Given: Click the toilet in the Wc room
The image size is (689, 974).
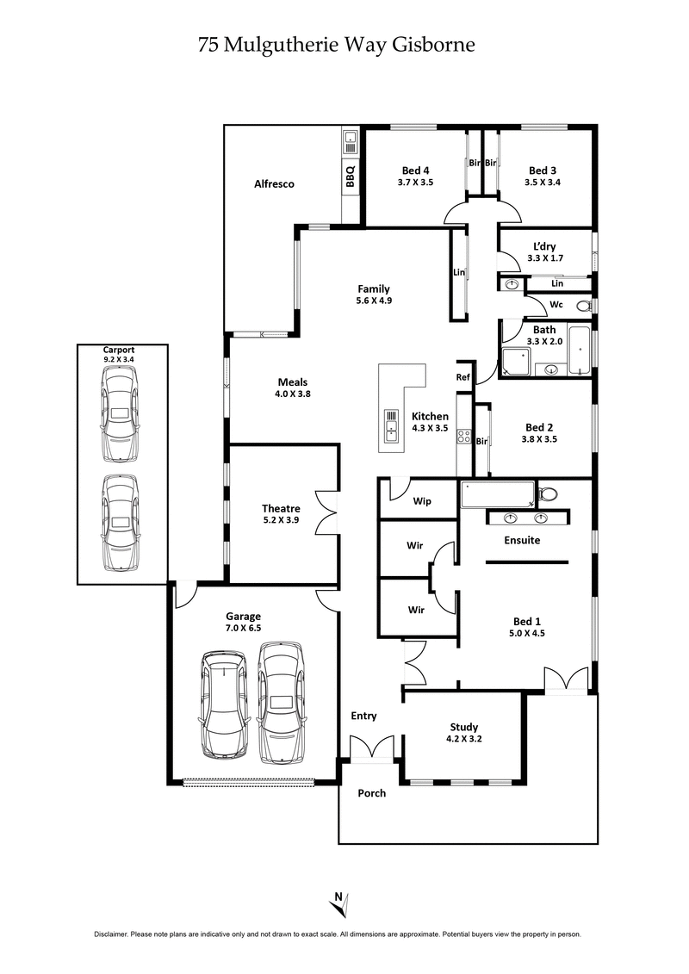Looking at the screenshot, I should [x=582, y=305].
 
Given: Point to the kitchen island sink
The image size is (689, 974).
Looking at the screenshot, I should [x=392, y=425].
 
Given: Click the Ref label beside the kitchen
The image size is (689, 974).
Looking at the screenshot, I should [x=463, y=377].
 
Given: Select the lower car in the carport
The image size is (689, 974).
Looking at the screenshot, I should [x=120, y=523].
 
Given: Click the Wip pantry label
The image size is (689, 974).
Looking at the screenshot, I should [x=422, y=501].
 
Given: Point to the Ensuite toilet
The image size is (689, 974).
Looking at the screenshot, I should [x=546, y=494].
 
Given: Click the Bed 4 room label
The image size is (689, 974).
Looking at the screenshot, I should [x=415, y=170].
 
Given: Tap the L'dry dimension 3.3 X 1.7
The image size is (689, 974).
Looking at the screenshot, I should [x=544, y=257].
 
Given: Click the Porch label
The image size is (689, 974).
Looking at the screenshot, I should [x=372, y=793].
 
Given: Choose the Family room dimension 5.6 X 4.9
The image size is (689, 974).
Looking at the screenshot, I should [x=374, y=301].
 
